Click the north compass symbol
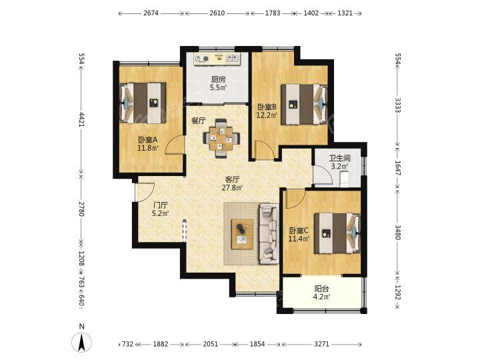[81, 342]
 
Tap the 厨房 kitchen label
[218, 79]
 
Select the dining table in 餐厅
[221, 139]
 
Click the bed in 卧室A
[143, 103]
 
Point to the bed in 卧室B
[304, 105]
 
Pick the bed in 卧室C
[337, 233]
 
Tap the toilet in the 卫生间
[345, 179]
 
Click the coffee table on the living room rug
[243, 234]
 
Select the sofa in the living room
[269, 233]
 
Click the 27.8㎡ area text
[233, 187]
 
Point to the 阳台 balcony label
[322, 289]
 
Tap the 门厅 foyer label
[161, 205]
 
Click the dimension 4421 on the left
[82, 120]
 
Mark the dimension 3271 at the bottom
[322, 344]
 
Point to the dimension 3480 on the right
[397, 233]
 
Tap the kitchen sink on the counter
[231, 58]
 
